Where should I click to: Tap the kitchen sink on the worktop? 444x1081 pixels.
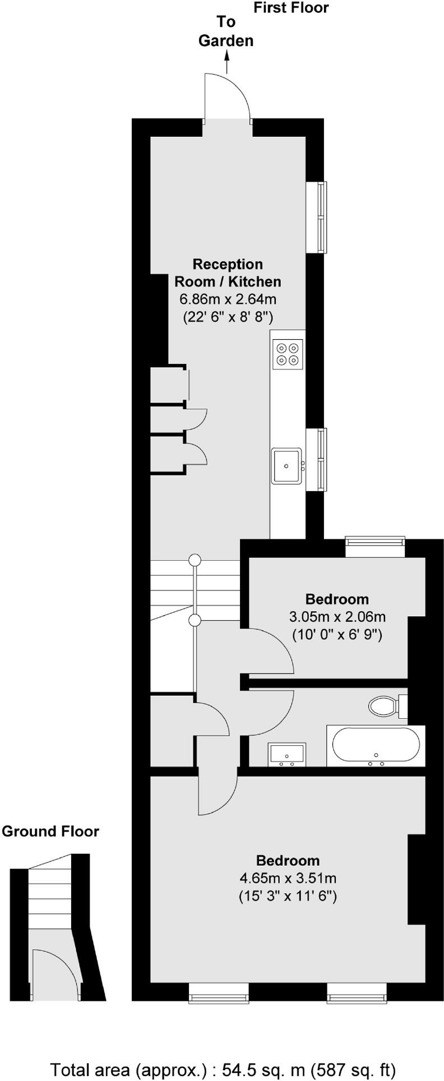pyautogui.click(x=286, y=465)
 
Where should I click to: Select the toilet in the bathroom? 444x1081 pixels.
pyautogui.click(x=383, y=706)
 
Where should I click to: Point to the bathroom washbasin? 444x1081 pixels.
pyautogui.click(x=286, y=754)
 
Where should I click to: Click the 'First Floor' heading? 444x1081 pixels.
pyautogui.click(x=291, y=8)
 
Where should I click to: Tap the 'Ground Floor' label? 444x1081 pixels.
pyautogui.click(x=50, y=831)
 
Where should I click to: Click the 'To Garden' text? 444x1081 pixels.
pyautogui.click(x=226, y=31)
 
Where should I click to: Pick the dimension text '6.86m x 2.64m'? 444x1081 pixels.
pyautogui.click(x=228, y=299)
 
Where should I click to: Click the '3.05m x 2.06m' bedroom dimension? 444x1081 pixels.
pyautogui.click(x=337, y=617)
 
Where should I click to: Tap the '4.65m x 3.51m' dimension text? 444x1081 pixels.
pyautogui.click(x=288, y=878)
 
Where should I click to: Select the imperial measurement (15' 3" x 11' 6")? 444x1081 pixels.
pyautogui.click(x=288, y=896)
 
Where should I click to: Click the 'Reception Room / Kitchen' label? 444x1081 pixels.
pyautogui.click(x=228, y=272)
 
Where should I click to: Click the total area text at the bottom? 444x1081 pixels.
pyautogui.click(x=223, y=1069)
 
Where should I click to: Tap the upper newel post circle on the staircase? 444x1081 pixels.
pyautogui.click(x=195, y=560)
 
